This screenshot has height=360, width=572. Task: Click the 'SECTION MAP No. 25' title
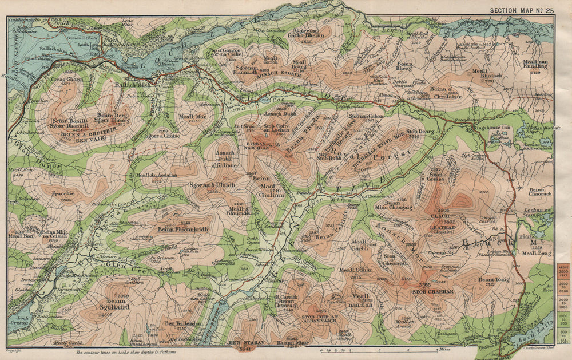click(x=522, y=10)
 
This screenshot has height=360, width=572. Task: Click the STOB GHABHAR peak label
click(x=433, y=291)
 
